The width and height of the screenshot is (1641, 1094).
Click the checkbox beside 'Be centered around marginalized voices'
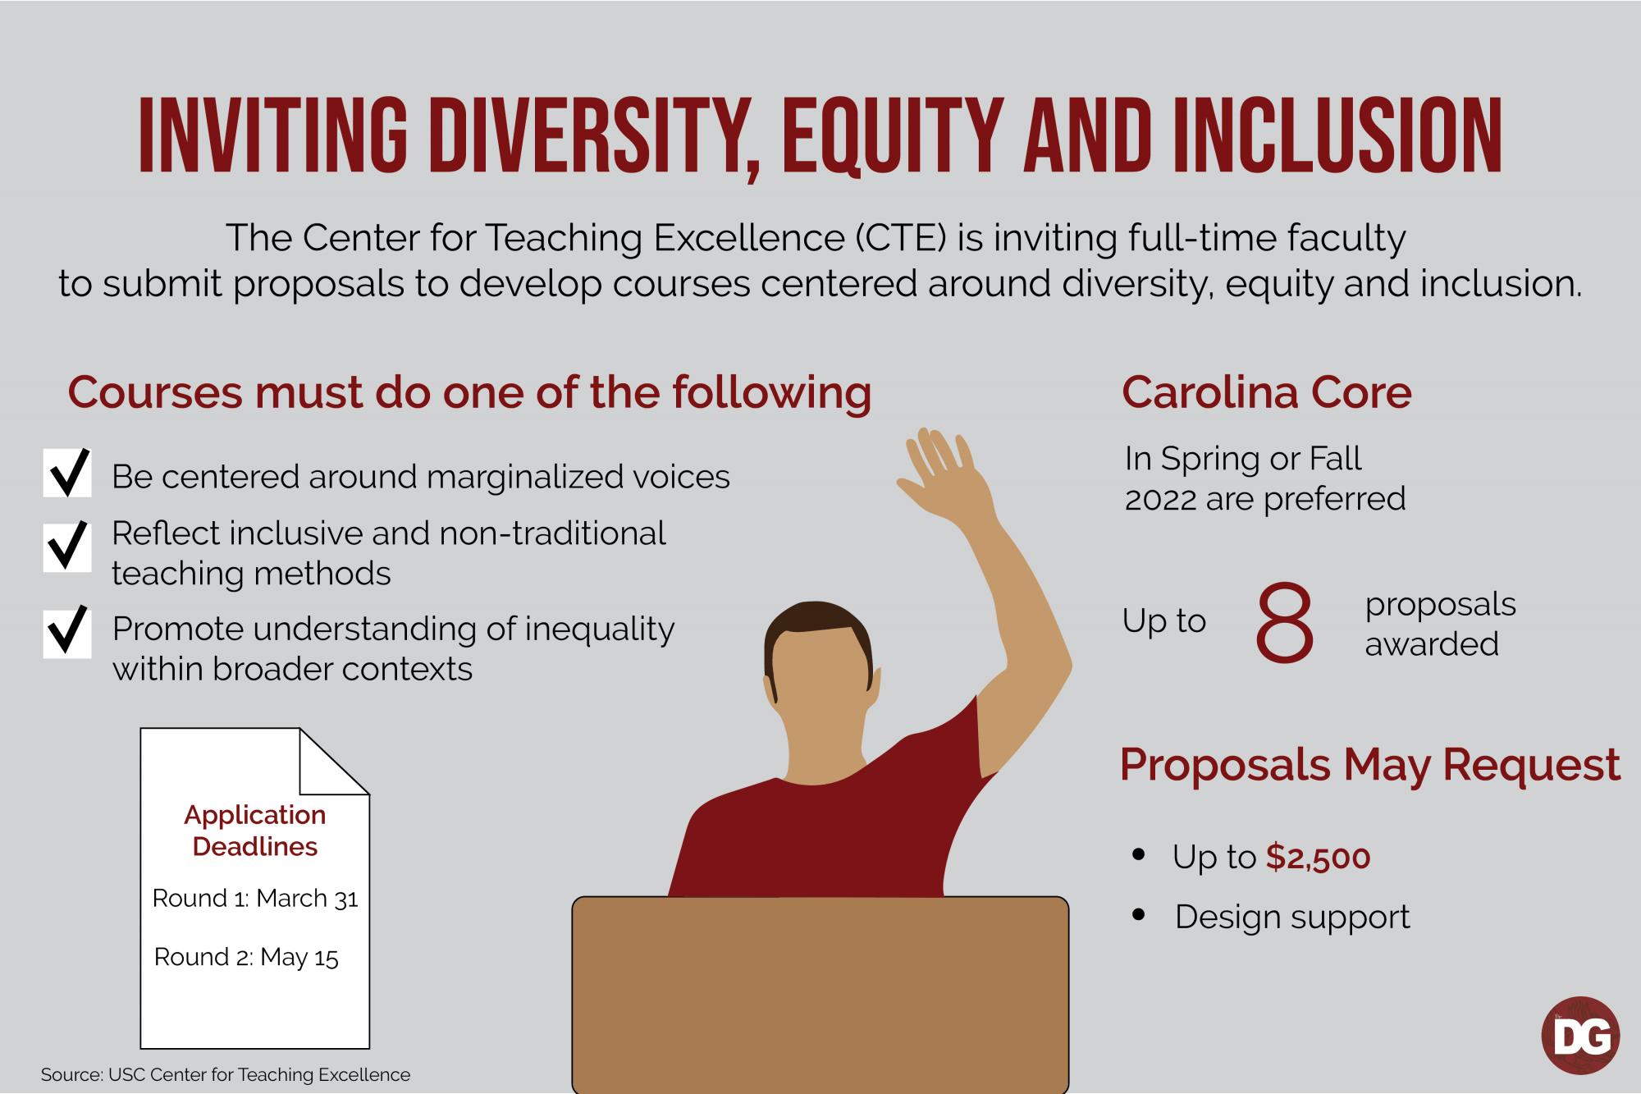point(67,473)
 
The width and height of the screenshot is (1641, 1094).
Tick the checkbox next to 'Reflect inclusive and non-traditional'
point(67,547)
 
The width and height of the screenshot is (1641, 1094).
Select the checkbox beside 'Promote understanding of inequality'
point(67,632)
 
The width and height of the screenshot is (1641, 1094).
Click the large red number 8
point(1284,621)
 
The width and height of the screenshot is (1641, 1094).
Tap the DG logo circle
point(1580,1036)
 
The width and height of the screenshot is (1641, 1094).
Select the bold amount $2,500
point(1318,858)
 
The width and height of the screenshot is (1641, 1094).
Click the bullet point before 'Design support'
point(1138,914)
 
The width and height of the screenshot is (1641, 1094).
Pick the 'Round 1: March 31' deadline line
point(255,899)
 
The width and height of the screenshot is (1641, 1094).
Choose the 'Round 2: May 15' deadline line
point(246,957)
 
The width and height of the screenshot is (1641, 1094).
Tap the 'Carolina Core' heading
point(1267,392)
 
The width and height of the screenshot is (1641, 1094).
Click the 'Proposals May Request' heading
point(1370,765)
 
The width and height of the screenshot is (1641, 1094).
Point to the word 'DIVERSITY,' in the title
point(596,136)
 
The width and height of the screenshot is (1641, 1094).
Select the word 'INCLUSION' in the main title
point(1337,135)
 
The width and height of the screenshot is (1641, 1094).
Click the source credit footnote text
point(226,1074)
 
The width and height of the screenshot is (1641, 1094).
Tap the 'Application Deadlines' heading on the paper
point(255,831)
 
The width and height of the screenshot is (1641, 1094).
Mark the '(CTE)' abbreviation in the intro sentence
point(901,238)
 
